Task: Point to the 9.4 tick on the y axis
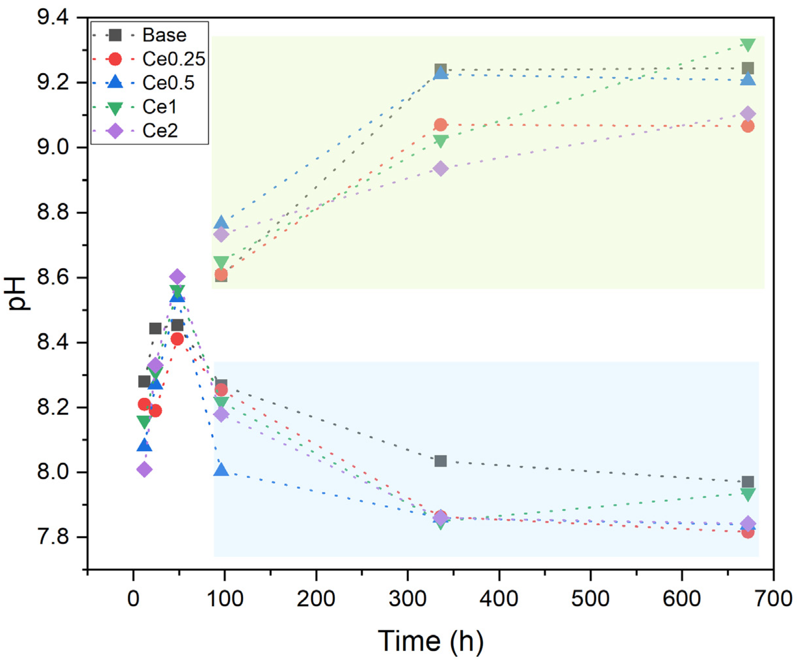[x=52, y=18]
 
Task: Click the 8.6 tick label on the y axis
[x=52, y=277]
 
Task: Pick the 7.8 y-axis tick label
[x=52, y=537]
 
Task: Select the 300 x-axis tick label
[x=407, y=599]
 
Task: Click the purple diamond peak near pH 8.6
[x=177, y=276]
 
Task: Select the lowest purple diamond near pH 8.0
[x=144, y=470]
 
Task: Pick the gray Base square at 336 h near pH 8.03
[x=440, y=461]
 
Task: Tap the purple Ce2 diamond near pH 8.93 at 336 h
[x=440, y=169]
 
